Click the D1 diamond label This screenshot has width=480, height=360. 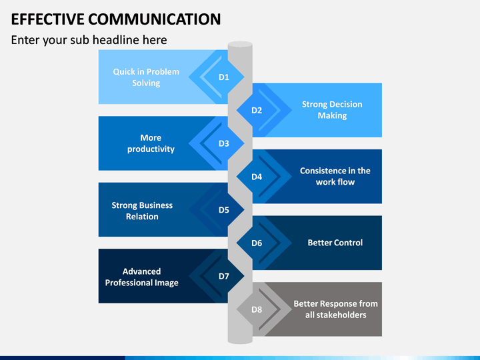coord(224,77)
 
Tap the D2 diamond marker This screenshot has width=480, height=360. coord(257,110)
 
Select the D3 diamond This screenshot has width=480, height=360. coord(224,143)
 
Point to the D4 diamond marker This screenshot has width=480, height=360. coord(257,177)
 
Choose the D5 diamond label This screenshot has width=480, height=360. coord(224,210)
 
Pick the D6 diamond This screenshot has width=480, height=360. coord(257,243)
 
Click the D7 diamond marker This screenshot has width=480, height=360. coord(224,276)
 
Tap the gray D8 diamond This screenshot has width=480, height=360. coord(257,309)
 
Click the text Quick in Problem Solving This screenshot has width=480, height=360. coord(146,77)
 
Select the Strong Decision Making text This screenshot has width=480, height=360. coord(332,110)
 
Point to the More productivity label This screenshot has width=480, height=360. coord(151,143)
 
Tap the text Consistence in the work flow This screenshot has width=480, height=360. coord(335,176)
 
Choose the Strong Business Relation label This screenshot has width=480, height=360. coord(142,211)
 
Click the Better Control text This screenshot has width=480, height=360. coord(335,243)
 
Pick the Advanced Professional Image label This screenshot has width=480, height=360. coord(142,277)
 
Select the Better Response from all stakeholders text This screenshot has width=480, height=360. coord(335,309)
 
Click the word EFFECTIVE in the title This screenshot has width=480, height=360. coord(47,19)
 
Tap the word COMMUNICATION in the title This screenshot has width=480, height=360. coord(155,19)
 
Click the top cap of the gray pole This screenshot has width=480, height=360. coord(240,45)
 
